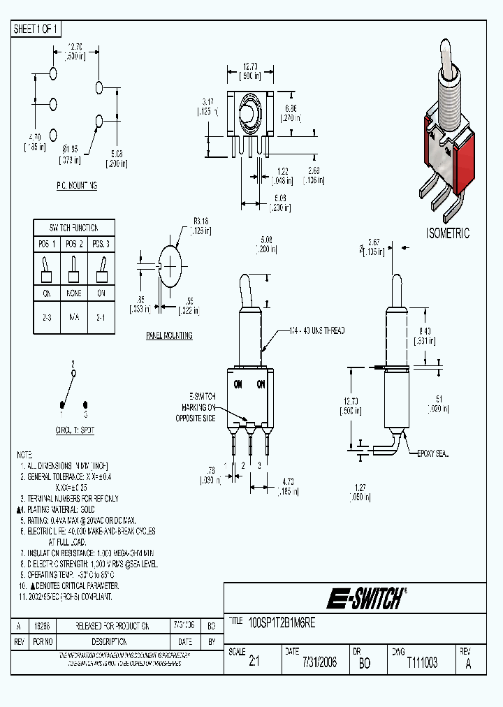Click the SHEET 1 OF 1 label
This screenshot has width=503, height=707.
click(x=37, y=29)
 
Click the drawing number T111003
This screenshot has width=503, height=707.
click(x=422, y=662)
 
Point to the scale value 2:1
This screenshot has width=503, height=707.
click(x=254, y=662)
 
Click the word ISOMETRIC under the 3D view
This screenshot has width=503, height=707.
click(x=448, y=233)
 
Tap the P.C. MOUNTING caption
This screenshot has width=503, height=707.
click(x=77, y=186)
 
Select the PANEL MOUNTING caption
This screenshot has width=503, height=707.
click(x=169, y=336)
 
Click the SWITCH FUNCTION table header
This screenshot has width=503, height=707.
click(x=73, y=228)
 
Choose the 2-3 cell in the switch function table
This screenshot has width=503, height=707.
click(x=47, y=316)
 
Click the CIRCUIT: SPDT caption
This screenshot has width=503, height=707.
click(x=73, y=431)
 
